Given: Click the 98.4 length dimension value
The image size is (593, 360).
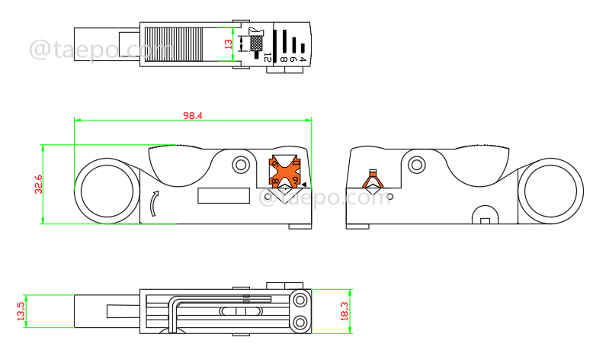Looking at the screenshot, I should [x=192, y=116].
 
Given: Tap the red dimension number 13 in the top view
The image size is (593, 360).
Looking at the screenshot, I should [x=229, y=44].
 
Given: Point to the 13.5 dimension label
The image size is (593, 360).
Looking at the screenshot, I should [x=21, y=311].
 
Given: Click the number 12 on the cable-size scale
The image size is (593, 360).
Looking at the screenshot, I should [x=266, y=56].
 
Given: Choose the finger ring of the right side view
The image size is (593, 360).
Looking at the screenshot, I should [x=549, y=191].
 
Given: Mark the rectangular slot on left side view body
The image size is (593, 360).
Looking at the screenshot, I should [x=224, y=196].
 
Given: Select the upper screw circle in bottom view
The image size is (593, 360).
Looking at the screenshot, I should [x=299, y=298].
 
